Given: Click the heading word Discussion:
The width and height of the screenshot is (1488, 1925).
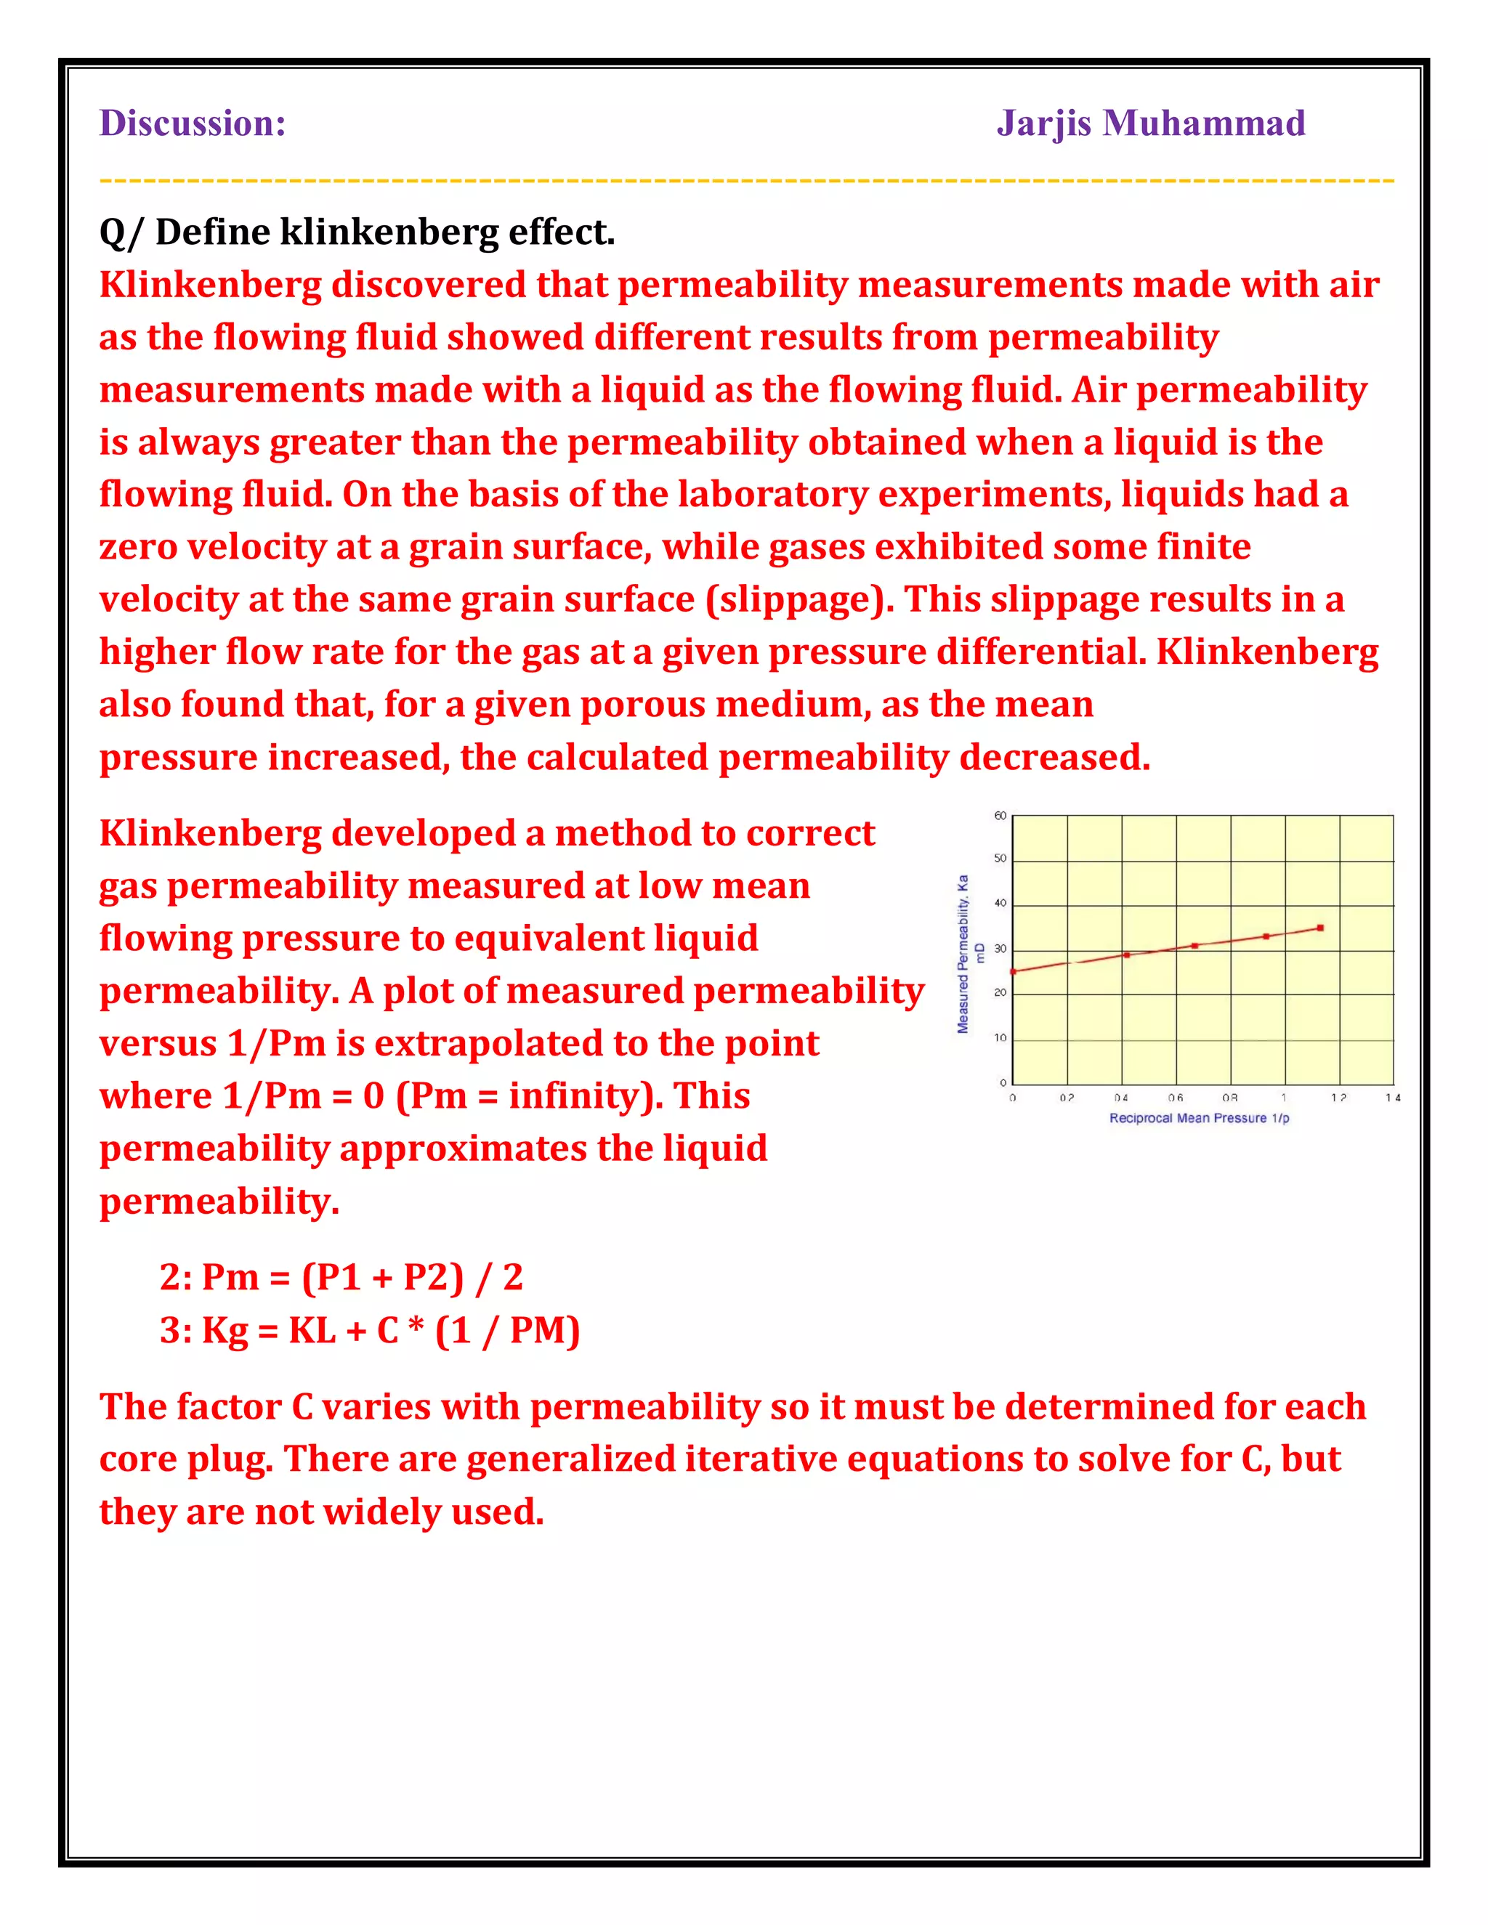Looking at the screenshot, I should tap(192, 123).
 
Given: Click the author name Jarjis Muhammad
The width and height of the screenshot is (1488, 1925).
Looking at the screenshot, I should tap(1150, 123).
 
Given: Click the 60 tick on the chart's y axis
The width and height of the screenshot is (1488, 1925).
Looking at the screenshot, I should tap(1000, 815).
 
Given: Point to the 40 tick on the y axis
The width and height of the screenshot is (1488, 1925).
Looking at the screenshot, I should tap(1000, 902).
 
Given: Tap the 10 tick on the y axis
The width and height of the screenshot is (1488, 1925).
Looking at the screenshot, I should tap(1000, 1037).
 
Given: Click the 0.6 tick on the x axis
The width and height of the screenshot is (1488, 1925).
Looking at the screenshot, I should tap(1175, 1098).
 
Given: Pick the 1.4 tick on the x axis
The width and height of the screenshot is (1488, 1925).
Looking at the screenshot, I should tap(1392, 1098).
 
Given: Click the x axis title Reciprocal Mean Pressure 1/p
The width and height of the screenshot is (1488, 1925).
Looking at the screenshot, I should tap(1199, 1119).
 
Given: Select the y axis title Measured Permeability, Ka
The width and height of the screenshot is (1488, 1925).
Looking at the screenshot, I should tap(963, 954).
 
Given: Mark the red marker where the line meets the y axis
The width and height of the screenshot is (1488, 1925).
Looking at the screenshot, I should tap(1014, 971).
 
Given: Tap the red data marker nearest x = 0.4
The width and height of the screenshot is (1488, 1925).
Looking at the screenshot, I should tap(1127, 955).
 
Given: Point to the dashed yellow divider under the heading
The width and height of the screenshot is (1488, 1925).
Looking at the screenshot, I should tap(745, 181).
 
